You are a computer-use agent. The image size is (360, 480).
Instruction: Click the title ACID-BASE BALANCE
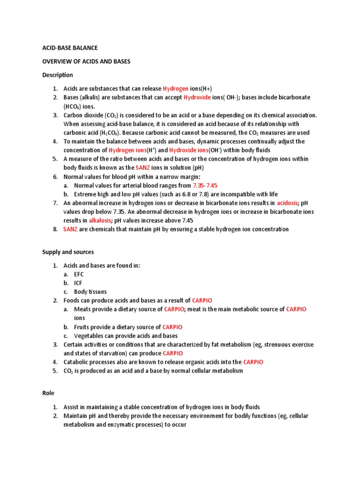tap(70, 48)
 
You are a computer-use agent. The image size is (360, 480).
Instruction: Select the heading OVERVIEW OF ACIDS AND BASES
tap(86, 61)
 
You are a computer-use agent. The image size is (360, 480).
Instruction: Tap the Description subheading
tap(58, 75)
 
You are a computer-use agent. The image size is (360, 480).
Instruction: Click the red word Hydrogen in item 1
tap(176, 89)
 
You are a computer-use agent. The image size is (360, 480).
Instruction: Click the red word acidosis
tap(287, 203)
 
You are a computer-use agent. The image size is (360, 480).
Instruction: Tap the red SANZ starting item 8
tap(70, 229)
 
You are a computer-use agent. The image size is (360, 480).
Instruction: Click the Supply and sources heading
tap(68, 252)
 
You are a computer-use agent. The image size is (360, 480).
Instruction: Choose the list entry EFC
tap(79, 274)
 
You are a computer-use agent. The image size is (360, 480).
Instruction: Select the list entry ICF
tap(78, 283)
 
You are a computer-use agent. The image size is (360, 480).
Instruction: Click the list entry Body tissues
tap(90, 292)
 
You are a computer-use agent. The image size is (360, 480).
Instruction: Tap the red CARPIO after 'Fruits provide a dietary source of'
tap(172, 327)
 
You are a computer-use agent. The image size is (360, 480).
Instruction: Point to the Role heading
tap(48, 394)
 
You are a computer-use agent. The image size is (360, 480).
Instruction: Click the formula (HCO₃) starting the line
tap(74, 106)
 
